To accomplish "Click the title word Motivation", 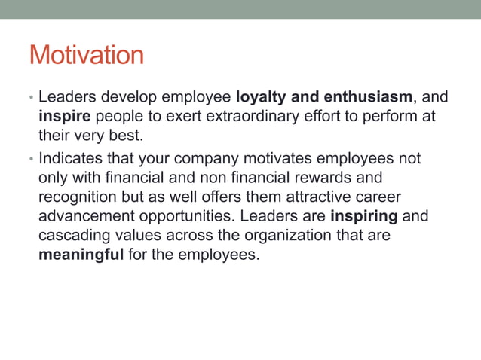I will click(x=86, y=55).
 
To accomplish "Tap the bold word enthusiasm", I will click(x=368, y=97).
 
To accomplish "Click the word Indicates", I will click(x=72, y=159).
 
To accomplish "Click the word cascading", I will click(x=73, y=236).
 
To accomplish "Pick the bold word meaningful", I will click(x=81, y=256).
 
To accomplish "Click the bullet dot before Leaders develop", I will click(x=32, y=99).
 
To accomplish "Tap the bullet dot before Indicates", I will click(x=32, y=160).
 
